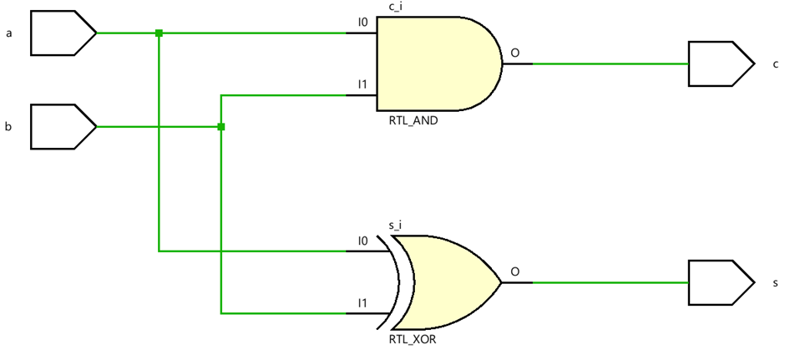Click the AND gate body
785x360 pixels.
[434, 63]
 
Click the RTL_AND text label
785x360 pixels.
[413, 120]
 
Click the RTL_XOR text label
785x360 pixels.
[413, 340]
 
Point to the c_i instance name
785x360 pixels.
[396, 8]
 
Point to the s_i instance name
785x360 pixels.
[396, 226]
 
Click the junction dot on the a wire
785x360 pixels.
[159, 33]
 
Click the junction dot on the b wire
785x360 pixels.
[220, 127]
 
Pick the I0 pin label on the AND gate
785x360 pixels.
[362, 22]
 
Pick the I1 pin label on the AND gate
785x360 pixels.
[362, 84]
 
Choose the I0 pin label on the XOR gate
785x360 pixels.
[362, 241]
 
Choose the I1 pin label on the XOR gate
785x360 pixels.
[362, 302]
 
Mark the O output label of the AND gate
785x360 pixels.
[514, 53]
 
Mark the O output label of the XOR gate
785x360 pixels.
[514, 271]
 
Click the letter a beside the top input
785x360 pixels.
[8, 33]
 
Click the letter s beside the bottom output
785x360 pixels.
[775, 283]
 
